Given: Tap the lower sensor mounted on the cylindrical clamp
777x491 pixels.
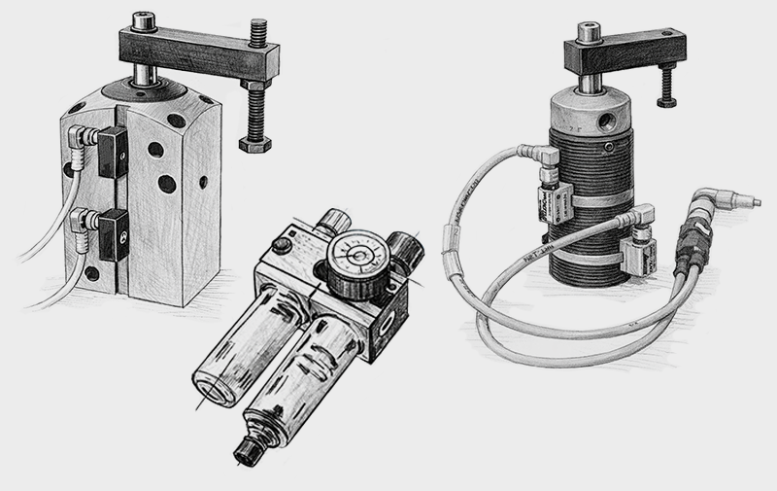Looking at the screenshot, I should click(640, 254).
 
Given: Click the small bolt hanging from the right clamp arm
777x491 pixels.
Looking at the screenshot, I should click(667, 88).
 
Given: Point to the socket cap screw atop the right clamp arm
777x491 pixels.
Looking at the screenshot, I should click(590, 31).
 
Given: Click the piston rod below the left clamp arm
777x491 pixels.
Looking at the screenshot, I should click(147, 77).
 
